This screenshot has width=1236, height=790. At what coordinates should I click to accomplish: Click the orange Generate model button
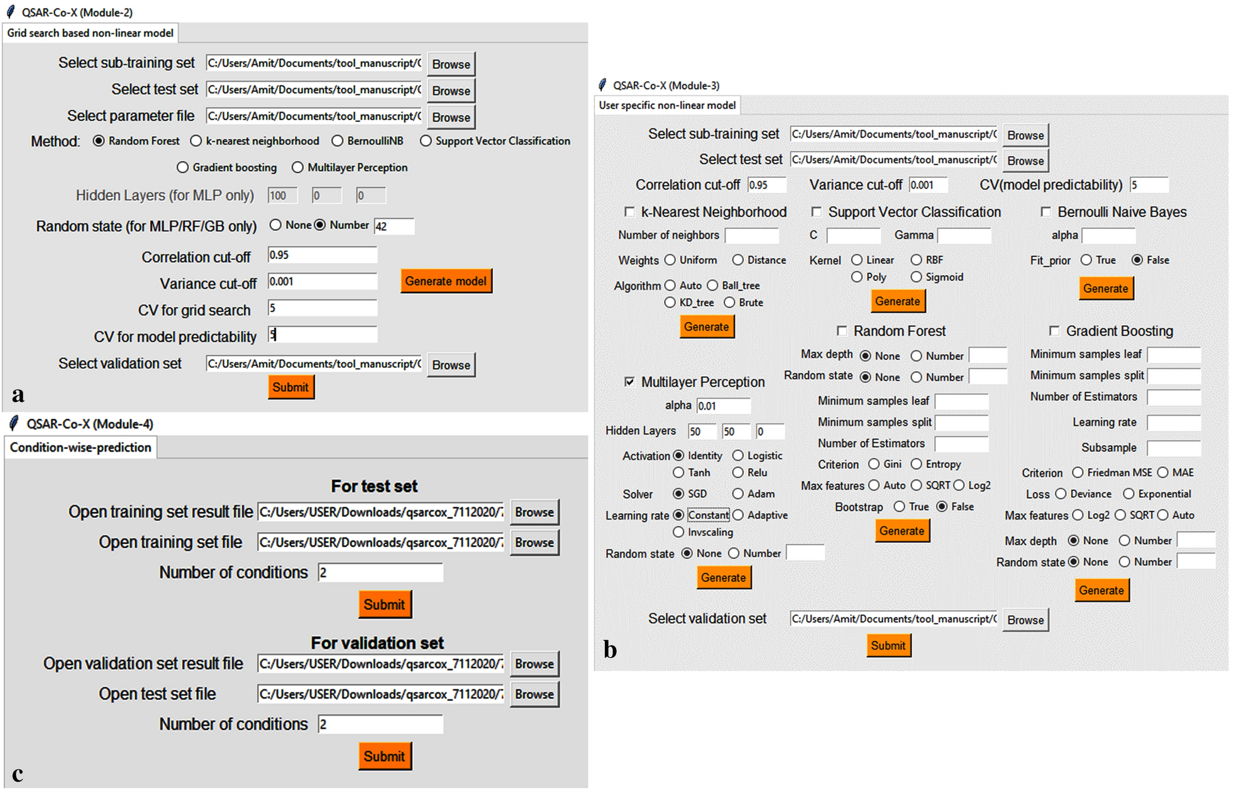pos(446,281)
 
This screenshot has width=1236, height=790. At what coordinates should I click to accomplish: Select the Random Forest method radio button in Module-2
pos(99,141)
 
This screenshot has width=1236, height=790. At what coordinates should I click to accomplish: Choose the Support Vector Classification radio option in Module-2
pos(426,141)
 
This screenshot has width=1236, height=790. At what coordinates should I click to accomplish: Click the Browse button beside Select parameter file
pos(451,117)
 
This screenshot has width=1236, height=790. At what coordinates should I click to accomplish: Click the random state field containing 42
pos(394,226)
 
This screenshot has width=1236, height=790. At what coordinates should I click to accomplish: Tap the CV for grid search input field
pos(322,308)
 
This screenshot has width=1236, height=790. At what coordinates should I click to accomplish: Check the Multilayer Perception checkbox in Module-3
pos(629,382)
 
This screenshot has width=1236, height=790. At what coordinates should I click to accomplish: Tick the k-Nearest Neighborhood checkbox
pos(629,212)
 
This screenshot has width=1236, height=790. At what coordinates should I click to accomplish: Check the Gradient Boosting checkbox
pos(1054,331)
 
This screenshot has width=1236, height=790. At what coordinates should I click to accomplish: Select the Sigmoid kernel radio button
pos(916,277)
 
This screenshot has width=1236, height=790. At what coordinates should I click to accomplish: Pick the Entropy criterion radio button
pos(916,464)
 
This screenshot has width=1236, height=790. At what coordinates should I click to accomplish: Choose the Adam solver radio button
pos(737,494)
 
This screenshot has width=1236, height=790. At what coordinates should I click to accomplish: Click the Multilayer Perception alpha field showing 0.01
pos(723,406)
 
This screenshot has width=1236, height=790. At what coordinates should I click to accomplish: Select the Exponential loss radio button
pos(1128,494)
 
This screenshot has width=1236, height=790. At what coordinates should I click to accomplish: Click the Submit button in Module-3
pos(888,645)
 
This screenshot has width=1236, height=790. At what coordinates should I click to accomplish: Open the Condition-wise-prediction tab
pos(80,447)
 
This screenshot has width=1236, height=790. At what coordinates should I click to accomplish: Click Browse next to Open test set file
pos(534,694)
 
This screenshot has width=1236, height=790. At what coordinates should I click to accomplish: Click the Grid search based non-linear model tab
pos(91,33)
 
